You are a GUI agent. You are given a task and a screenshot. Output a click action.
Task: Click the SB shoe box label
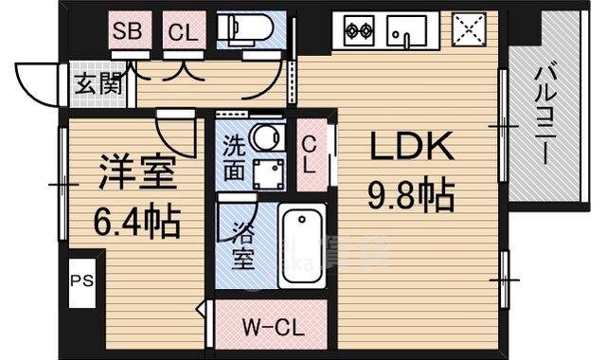pyautogui.click(x=127, y=30)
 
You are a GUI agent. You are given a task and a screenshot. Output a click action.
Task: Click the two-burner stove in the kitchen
pyautogui.click(x=359, y=30)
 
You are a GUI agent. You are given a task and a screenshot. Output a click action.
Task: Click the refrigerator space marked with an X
pyautogui.click(x=467, y=29)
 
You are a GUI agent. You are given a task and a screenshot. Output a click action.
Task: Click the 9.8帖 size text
pyautogui.click(x=411, y=197)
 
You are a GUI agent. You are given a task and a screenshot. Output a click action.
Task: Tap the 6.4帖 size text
pyautogui.click(x=137, y=224)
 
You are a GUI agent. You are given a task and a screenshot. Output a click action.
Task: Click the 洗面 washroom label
pyautogui.click(x=234, y=157)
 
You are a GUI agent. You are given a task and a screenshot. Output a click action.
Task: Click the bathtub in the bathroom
pyautogui.click(x=303, y=245)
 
